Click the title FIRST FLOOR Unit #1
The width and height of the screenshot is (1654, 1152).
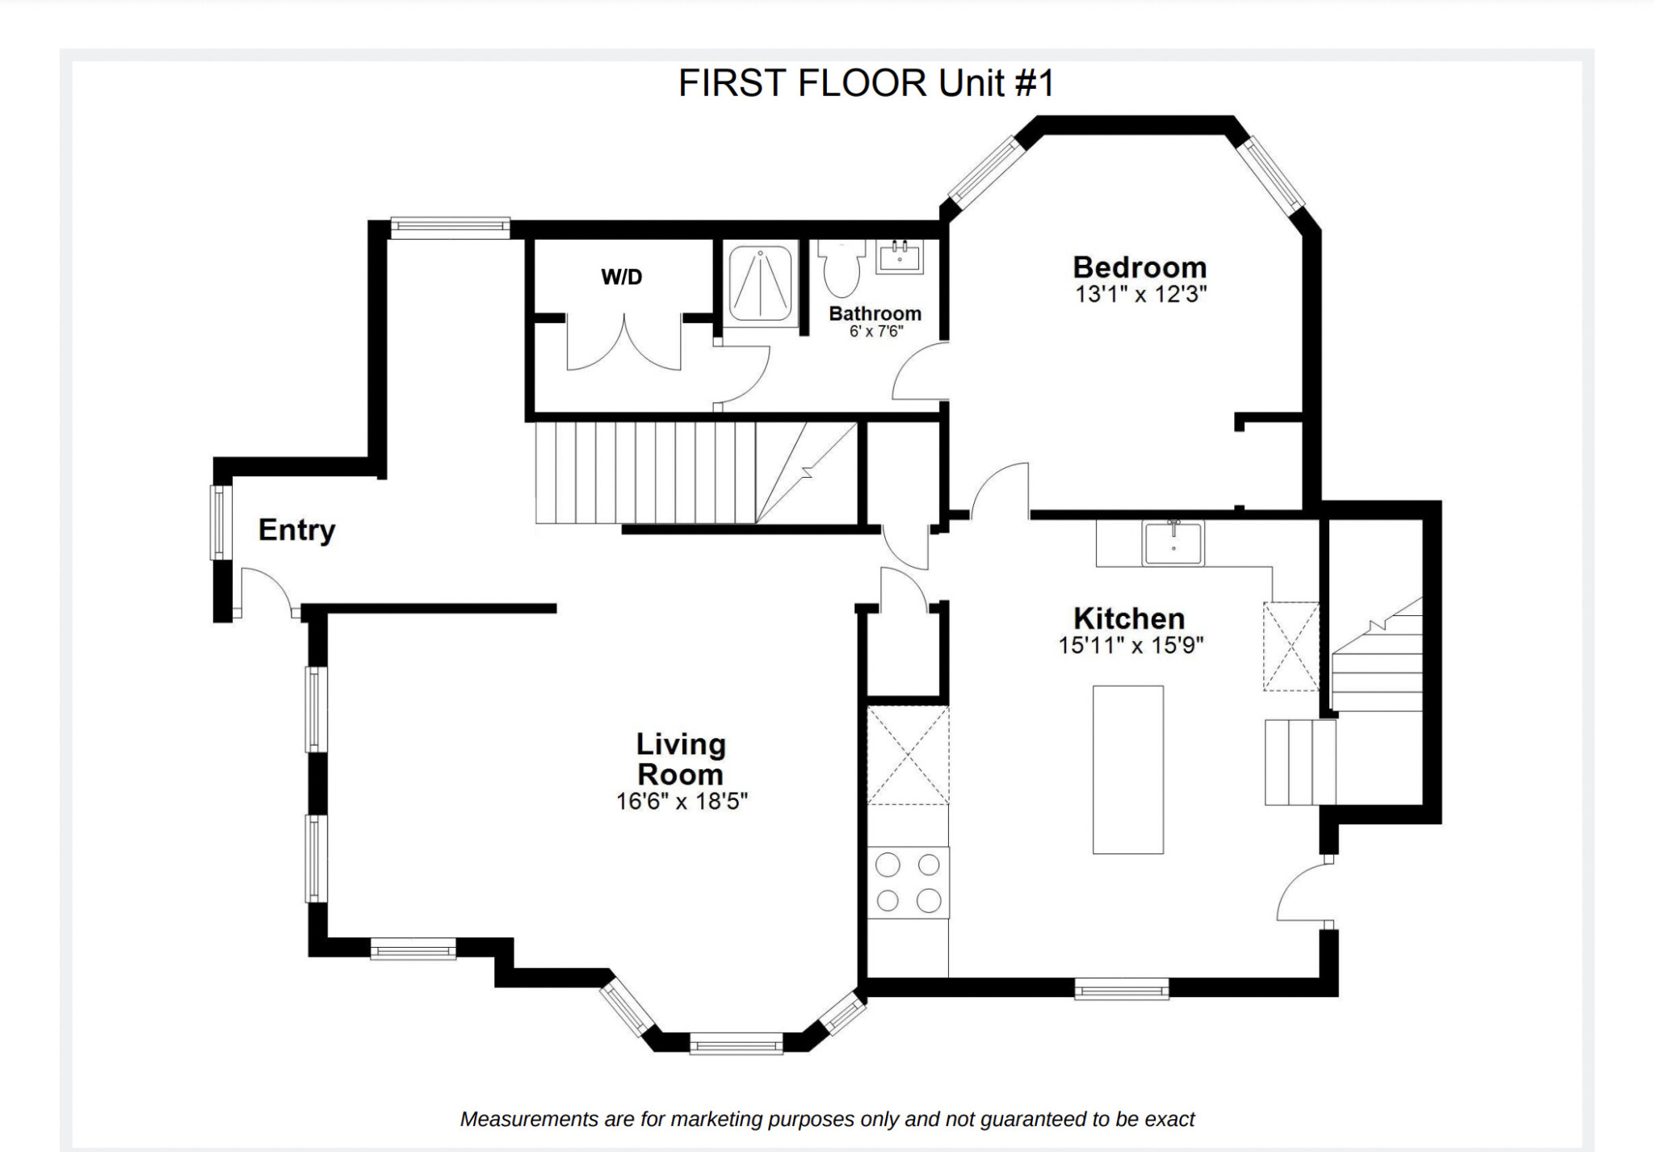click(x=866, y=83)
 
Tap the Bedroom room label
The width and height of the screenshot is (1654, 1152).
click(x=1140, y=267)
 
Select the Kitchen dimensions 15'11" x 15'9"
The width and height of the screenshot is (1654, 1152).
click(x=1131, y=645)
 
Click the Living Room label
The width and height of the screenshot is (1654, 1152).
click(x=681, y=759)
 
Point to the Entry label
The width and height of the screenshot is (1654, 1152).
click(x=296, y=530)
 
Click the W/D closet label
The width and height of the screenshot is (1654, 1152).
click(x=621, y=277)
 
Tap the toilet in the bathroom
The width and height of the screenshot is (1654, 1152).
click(x=842, y=270)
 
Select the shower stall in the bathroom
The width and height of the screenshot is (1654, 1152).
click(x=759, y=283)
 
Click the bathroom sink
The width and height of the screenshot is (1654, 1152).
click(x=900, y=257)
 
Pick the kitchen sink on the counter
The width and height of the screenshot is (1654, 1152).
click(x=1173, y=542)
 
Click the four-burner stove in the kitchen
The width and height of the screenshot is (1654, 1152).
click(x=908, y=882)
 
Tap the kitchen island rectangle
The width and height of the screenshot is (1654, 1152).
click(x=1127, y=769)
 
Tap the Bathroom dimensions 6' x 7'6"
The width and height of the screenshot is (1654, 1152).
click(x=875, y=332)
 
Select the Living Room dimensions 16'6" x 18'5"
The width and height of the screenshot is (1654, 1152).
click(x=682, y=802)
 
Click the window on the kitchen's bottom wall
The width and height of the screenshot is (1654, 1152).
click(x=1121, y=989)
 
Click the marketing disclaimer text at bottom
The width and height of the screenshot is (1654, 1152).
click(x=826, y=1119)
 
